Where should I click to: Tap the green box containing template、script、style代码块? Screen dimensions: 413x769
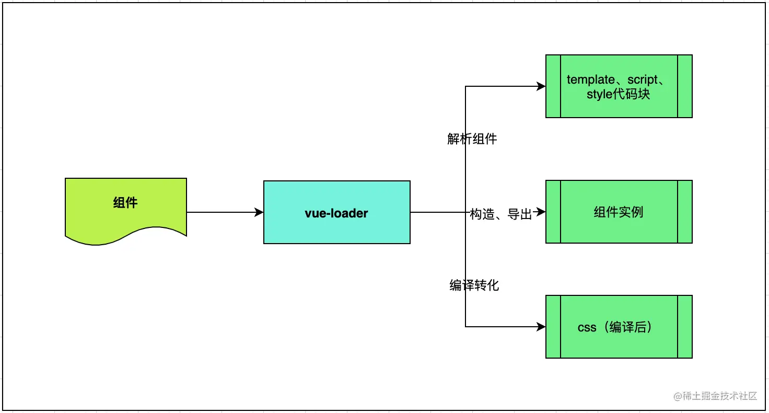619,105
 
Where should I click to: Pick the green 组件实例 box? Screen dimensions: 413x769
619,230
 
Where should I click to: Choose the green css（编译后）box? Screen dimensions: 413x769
619,345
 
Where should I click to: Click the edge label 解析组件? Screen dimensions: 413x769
472,139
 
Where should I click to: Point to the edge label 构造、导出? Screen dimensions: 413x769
500,214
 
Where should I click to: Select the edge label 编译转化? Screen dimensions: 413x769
474,285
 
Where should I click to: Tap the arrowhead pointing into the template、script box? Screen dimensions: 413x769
541,87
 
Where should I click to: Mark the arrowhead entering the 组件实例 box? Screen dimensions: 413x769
541,212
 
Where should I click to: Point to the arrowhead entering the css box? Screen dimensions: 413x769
541,327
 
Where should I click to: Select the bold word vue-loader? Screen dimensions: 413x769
336,213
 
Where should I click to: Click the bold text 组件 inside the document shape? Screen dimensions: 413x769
125,203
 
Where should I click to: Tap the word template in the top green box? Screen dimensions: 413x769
591,80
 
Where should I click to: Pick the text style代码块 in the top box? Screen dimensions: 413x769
619,95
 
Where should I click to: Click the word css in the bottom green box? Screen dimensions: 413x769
587,328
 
